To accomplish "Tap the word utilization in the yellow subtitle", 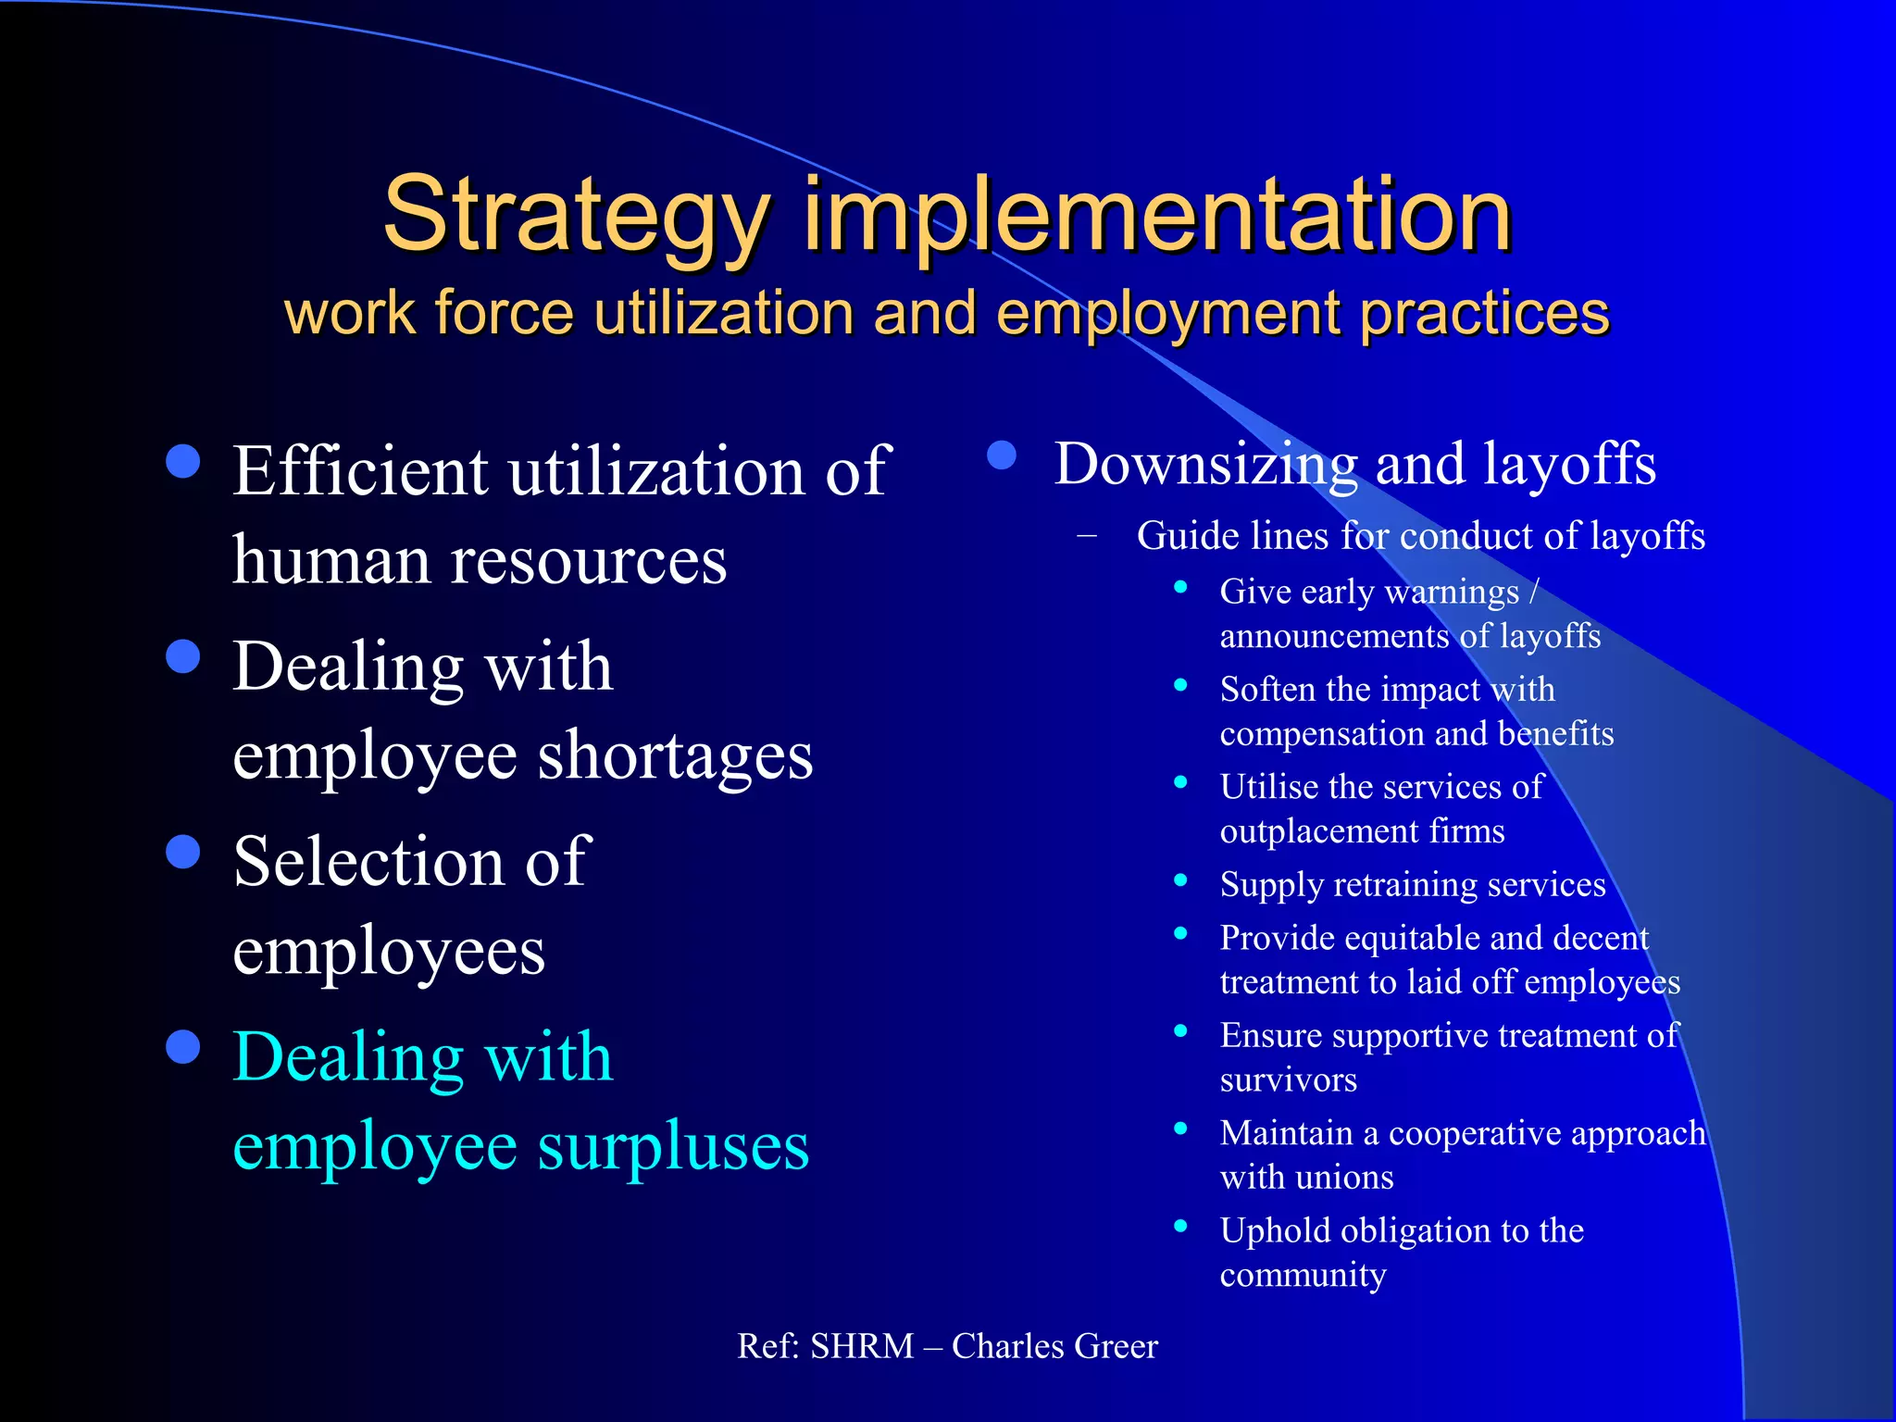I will click(x=723, y=313).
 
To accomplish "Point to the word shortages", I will click(x=675, y=757).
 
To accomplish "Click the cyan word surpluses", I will click(x=673, y=1147).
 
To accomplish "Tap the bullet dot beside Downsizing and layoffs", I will click(x=1002, y=455).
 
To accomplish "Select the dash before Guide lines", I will click(x=1087, y=535).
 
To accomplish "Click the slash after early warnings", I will click(x=1534, y=592).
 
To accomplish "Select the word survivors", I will click(x=1288, y=1080).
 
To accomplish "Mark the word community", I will click(x=1303, y=1276).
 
